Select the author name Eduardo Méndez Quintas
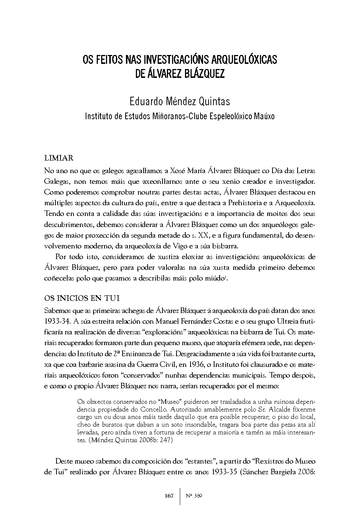coord(180,101)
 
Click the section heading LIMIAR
coord(58,158)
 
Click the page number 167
coord(169,496)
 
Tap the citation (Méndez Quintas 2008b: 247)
coord(126,440)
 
